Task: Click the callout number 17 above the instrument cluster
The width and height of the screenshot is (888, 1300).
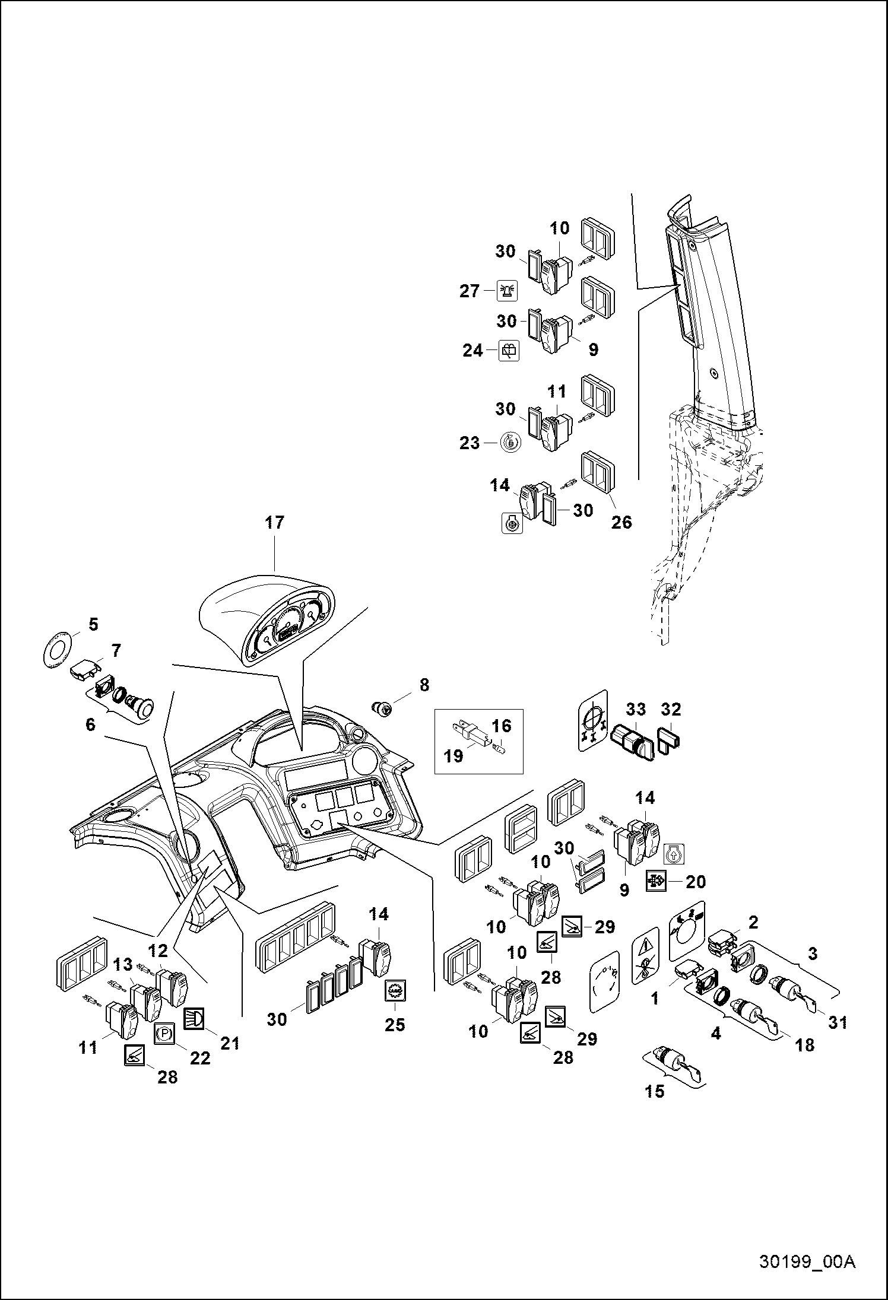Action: tap(275, 523)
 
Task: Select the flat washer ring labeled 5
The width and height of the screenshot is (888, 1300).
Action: tap(58, 651)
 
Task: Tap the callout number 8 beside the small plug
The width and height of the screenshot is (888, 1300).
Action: tap(424, 685)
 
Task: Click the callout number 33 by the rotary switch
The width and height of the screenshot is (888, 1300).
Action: tap(636, 709)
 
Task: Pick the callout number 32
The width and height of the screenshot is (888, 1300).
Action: tap(671, 709)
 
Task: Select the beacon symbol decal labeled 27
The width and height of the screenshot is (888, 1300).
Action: tap(508, 290)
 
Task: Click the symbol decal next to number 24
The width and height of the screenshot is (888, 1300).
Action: tap(509, 351)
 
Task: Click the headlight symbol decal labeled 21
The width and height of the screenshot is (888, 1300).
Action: tap(194, 1018)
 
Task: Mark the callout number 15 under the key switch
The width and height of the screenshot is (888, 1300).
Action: tap(655, 1091)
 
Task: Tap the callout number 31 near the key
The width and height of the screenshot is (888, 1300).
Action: tap(838, 1022)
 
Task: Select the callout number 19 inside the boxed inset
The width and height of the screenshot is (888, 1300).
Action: tap(454, 757)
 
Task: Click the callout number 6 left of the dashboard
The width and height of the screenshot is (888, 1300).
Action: tap(90, 724)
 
